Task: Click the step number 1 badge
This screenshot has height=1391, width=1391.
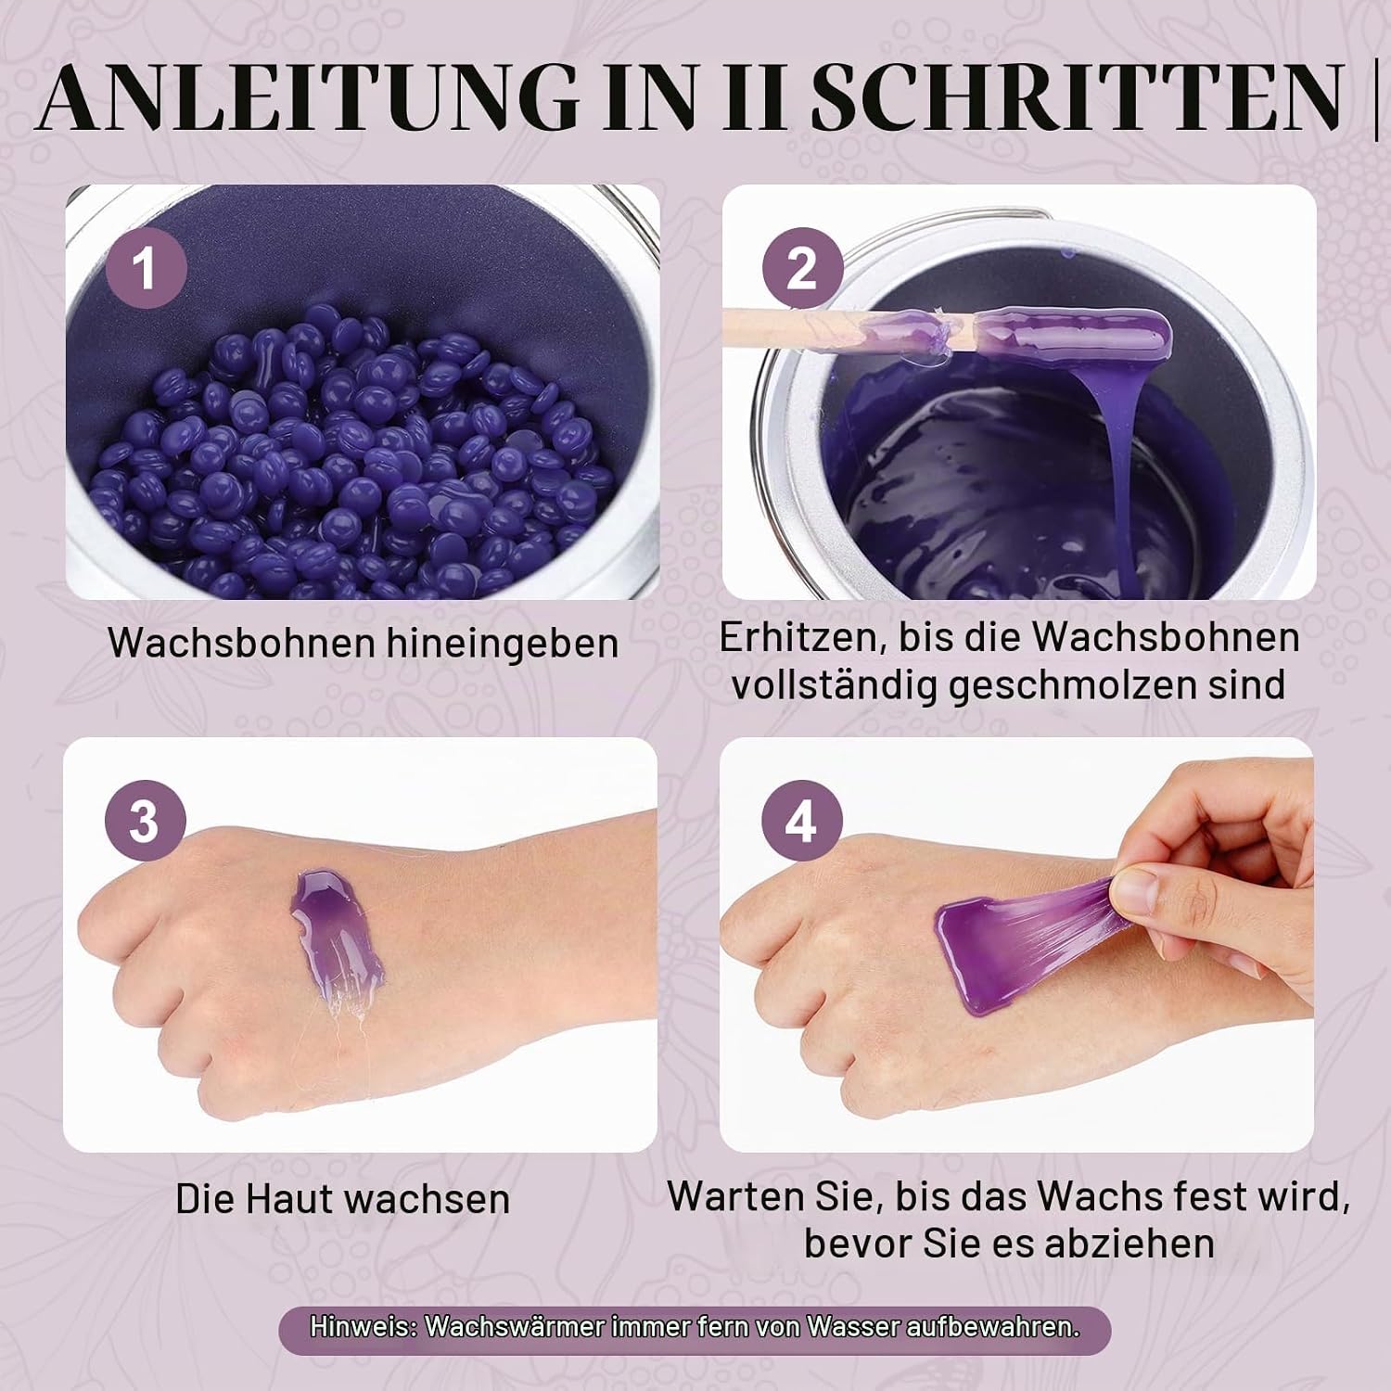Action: [146, 269]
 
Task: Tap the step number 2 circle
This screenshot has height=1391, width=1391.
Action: [802, 269]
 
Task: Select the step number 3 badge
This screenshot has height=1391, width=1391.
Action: [146, 822]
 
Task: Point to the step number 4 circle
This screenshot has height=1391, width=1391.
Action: [802, 822]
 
